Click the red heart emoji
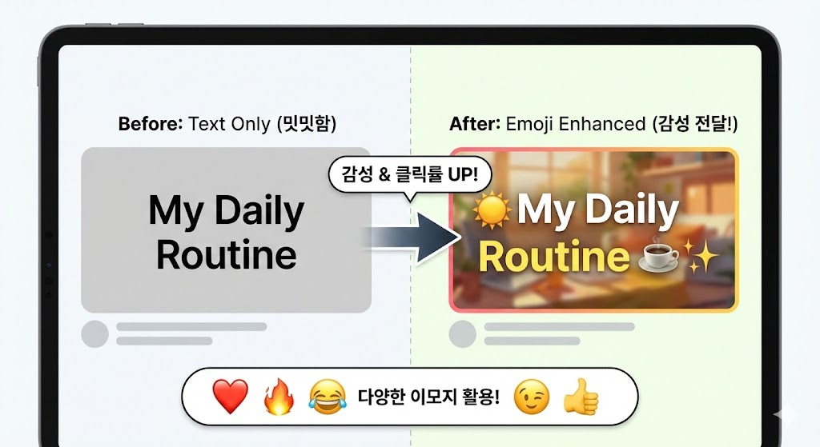coord(230,397)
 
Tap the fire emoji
coord(279,397)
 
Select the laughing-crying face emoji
coord(327,397)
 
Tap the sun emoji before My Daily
coord(492,211)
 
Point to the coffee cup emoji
coord(660,257)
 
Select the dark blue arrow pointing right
coord(412,237)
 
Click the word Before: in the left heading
coord(150,124)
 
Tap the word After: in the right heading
coord(475,124)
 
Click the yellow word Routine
coord(553,257)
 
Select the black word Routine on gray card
coord(227,255)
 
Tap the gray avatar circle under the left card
coord(95,333)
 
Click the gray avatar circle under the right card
coord(462,333)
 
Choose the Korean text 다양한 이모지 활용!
coord(430,397)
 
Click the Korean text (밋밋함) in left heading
coord(308,124)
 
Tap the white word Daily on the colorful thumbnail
coord(633,211)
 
